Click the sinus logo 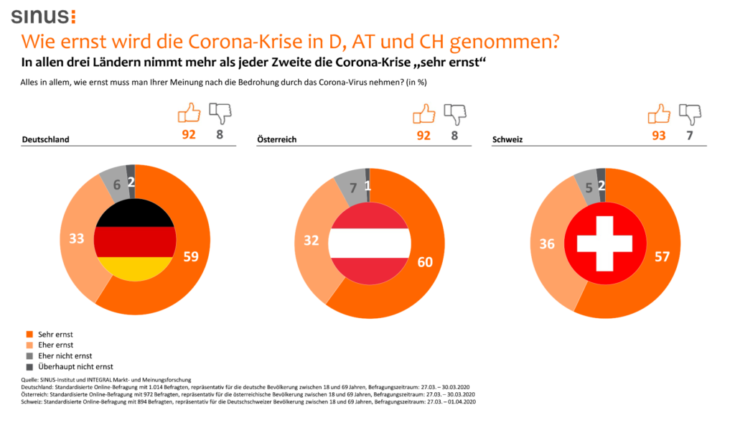tap(42, 16)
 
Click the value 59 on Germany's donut tap(191, 257)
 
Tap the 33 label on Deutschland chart tap(77, 238)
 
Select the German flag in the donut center tap(135, 241)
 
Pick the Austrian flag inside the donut tap(369, 244)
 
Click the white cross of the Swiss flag tap(604, 243)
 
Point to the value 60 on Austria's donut tap(425, 262)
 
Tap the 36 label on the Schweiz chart tap(546, 244)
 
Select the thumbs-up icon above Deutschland tap(189, 113)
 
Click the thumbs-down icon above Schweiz tap(690, 113)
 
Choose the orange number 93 tap(658, 135)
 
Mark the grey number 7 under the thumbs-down tap(690, 135)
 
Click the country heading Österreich tap(276, 139)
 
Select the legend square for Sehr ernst tap(28, 334)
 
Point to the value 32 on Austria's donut tap(312, 241)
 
